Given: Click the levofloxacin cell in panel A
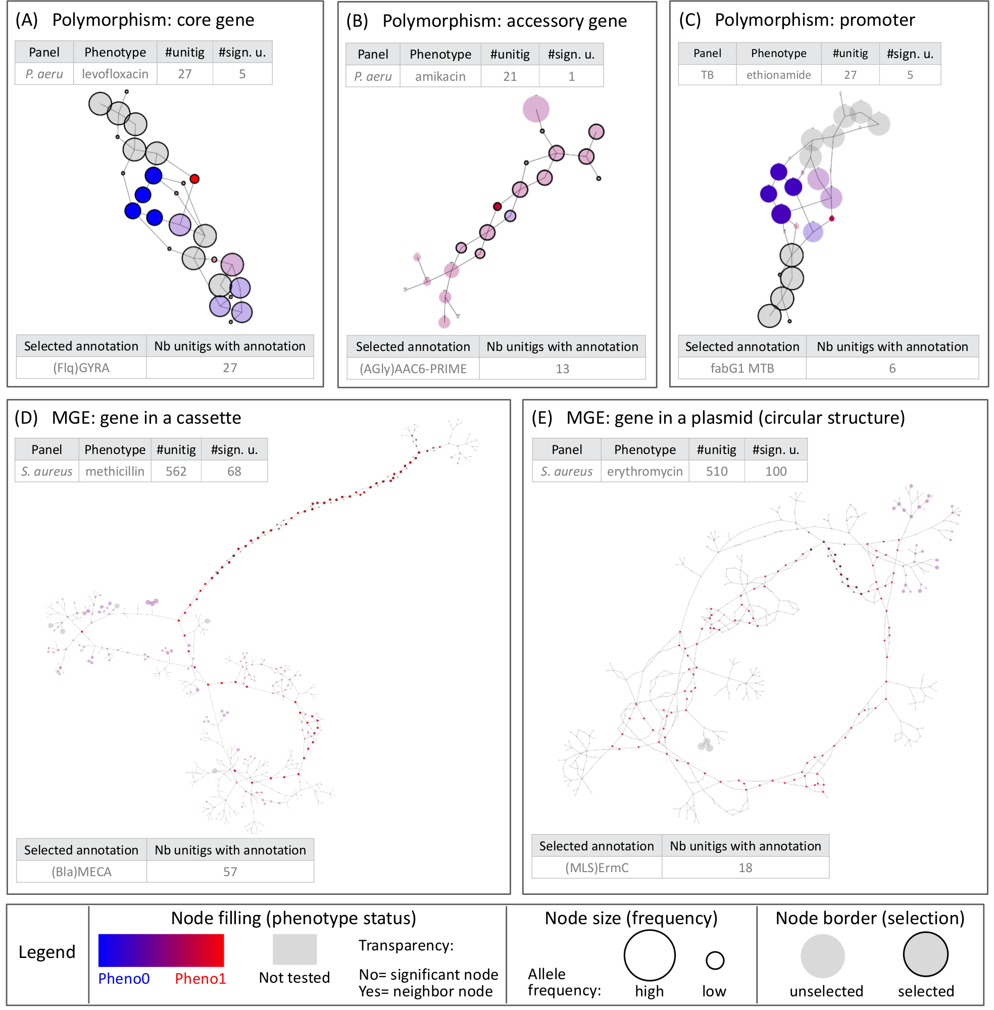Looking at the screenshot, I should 115,74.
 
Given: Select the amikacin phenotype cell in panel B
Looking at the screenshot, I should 439,77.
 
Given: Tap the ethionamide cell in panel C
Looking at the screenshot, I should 778,75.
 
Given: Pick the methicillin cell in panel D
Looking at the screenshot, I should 114,471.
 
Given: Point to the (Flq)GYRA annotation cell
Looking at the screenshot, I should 81,368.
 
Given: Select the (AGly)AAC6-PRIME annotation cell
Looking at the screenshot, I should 413,369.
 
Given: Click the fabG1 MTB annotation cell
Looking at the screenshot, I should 741,369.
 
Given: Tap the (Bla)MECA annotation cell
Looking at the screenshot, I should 81,872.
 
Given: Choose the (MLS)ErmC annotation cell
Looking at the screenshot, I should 596,868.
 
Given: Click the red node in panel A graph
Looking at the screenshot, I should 194,179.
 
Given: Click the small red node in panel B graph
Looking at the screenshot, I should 497,207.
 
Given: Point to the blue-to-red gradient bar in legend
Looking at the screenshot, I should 161,950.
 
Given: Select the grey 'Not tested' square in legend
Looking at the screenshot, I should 294,949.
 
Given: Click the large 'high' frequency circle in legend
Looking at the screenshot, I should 649,955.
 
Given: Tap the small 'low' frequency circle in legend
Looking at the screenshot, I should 714,960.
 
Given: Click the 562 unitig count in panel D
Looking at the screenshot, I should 176,471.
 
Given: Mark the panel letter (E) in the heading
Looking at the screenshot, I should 542,418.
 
